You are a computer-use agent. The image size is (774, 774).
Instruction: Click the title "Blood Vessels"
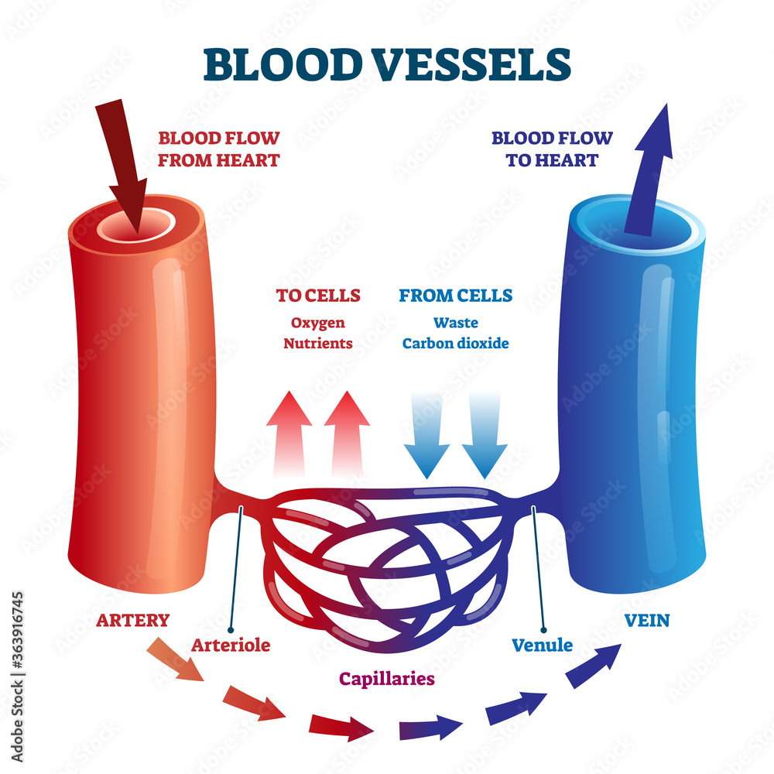coord(387,65)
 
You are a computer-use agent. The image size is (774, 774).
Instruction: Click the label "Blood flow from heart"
coord(219,149)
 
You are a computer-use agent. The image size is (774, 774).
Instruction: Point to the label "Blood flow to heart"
coord(552,149)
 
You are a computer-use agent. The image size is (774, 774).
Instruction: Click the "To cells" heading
coord(318,295)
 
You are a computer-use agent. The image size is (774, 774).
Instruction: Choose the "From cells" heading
coord(455,295)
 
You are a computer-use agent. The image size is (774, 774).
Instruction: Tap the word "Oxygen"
coord(318,323)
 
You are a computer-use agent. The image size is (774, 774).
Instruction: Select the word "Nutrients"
coord(318,343)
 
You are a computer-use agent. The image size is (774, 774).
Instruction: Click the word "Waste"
coord(455,323)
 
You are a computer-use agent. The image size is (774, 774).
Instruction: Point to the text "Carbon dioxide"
coord(455,343)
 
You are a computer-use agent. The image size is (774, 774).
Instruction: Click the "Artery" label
coord(132,619)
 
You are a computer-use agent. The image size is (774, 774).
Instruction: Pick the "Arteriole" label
coord(231,644)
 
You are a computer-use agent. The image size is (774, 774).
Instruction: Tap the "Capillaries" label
coord(386,679)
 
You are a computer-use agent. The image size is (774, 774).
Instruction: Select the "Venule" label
coord(542,644)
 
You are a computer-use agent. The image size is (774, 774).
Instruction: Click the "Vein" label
coord(647,619)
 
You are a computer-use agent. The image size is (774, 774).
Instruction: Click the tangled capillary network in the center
coord(387,557)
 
